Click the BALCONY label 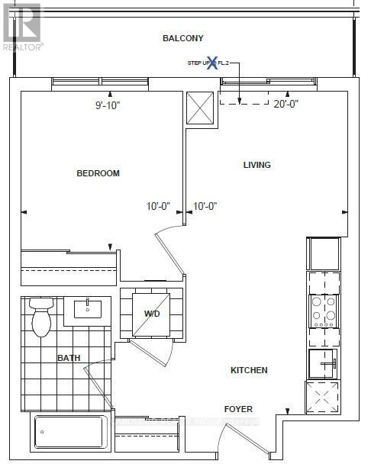[183, 38]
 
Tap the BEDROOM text [98, 173]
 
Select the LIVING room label [256, 165]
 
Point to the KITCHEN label [249, 370]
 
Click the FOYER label [237, 409]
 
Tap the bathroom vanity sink [92, 308]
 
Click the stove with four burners [324, 310]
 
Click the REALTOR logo [22, 26]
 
